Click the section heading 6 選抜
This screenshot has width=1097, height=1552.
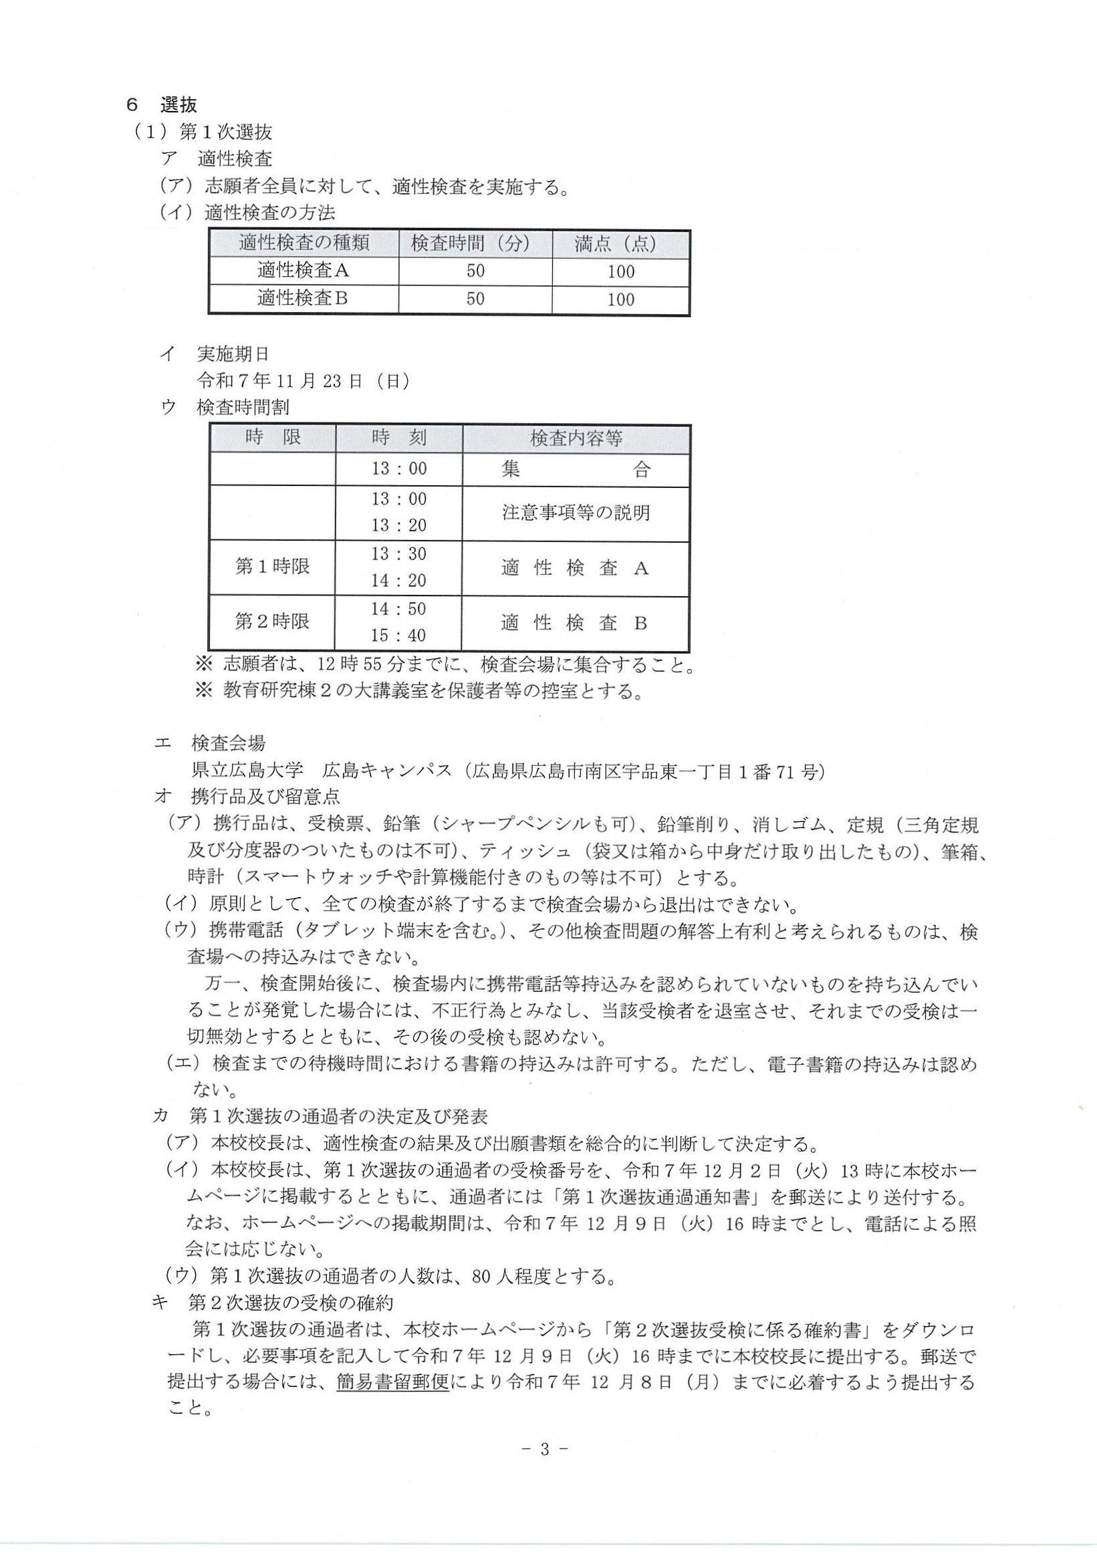[x=162, y=105]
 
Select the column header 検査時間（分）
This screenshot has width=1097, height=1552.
[x=475, y=244]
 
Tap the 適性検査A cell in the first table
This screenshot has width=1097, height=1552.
[x=303, y=272]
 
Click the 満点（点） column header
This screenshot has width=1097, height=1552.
[x=620, y=244]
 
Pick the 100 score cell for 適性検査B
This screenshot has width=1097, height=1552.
[x=620, y=299]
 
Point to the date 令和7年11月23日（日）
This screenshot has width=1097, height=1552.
[x=303, y=381]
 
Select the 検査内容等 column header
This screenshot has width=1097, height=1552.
[x=576, y=438]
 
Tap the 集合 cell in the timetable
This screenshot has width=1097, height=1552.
[x=576, y=470]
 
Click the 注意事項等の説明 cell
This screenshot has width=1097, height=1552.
[x=576, y=513]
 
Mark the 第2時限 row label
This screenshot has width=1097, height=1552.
[x=272, y=622]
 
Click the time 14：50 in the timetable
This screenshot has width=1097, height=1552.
[x=399, y=609]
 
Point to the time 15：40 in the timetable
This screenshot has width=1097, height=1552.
[x=399, y=636]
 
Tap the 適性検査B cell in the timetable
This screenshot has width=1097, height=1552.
[x=574, y=622]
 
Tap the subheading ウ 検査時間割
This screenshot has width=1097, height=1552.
[x=226, y=408]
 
